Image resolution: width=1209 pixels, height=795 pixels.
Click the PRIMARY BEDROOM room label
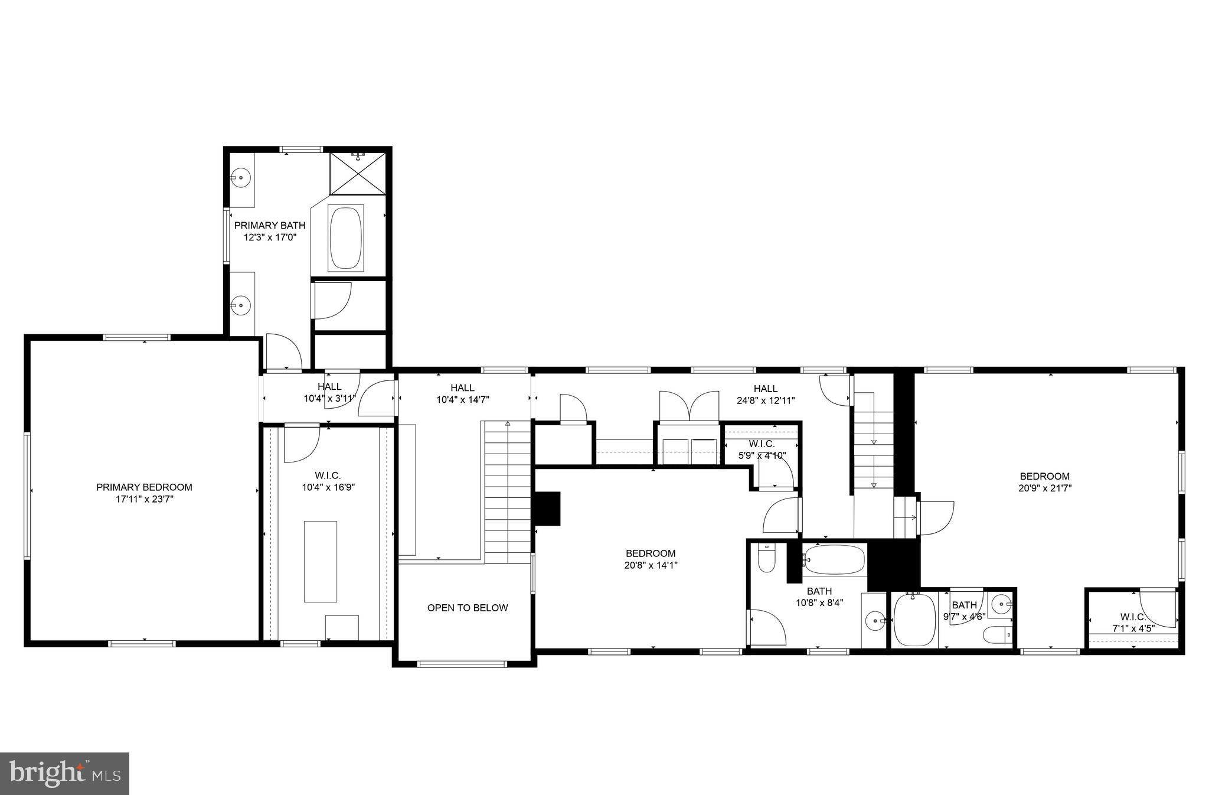click(x=144, y=487)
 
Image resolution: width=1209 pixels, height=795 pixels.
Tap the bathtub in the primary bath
click(x=346, y=238)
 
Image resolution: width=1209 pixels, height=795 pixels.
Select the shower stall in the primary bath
click(x=357, y=173)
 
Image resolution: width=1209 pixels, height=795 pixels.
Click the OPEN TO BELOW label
click(x=468, y=608)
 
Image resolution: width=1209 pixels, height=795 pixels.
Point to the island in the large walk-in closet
click(x=321, y=561)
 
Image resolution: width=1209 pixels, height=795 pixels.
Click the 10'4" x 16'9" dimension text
click(x=328, y=487)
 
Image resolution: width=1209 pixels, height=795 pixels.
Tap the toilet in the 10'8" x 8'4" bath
click(x=766, y=559)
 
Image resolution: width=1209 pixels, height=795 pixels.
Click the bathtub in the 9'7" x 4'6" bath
click(x=914, y=620)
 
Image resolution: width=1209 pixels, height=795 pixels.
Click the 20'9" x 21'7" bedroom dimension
click(x=1044, y=488)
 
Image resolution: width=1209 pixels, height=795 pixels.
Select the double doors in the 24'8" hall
click(x=689, y=406)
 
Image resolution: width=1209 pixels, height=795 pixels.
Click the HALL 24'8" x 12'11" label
click(x=765, y=394)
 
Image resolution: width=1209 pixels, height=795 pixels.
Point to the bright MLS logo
click(x=65, y=773)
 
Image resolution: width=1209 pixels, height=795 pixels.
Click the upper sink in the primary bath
click(x=241, y=177)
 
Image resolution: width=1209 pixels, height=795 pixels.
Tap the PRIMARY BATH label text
click(x=270, y=225)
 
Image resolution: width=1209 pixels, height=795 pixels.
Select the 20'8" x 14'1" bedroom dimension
click(x=651, y=565)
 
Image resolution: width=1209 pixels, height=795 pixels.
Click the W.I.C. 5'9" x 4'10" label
click(x=762, y=449)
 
